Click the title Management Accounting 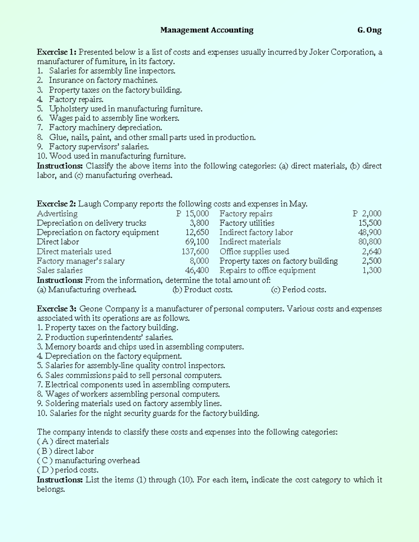[x=207, y=30]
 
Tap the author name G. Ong [x=369, y=30]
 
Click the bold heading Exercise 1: [x=57, y=52]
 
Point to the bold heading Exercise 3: [x=57, y=309]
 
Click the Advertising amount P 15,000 [x=192, y=214]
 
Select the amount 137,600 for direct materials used [x=195, y=252]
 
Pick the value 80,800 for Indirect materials [x=370, y=242]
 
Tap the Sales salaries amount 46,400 [x=197, y=270]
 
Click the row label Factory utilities [x=247, y=223]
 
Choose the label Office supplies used [x=254, y=252]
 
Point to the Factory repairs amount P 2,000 [x=367, y=214]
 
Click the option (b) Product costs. [x=203, y=290]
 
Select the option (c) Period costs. [x=299, y=290]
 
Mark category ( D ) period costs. [x=68, y=470]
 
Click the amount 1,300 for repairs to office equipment [x=372, y=270]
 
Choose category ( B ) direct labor [x=65, y=451]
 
